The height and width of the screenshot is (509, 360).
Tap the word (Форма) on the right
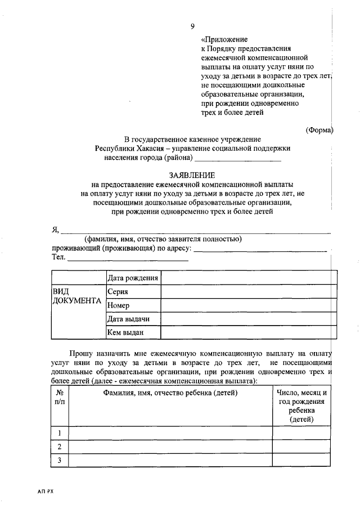pos(319,130)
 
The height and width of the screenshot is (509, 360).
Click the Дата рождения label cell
pos(133,278)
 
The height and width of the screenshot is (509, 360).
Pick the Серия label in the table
pos(118,292)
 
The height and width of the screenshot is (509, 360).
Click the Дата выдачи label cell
pos(128,319)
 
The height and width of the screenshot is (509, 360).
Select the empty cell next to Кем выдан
pos(249,333)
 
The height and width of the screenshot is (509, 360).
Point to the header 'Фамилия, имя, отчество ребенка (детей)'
pos(170,393)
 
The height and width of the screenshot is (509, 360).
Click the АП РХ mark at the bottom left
pos(46,492)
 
